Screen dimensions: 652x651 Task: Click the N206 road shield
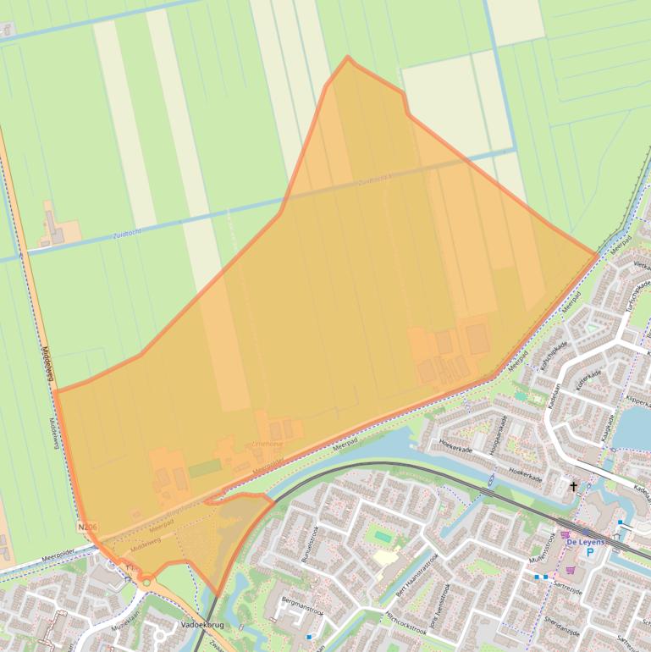87,527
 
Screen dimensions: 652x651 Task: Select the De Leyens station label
585,540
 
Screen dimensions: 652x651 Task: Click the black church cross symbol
573,487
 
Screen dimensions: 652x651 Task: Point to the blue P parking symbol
590,552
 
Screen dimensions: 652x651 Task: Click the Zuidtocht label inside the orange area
373,180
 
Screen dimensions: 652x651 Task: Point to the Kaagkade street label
606,428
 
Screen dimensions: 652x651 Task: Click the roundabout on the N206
146,581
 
